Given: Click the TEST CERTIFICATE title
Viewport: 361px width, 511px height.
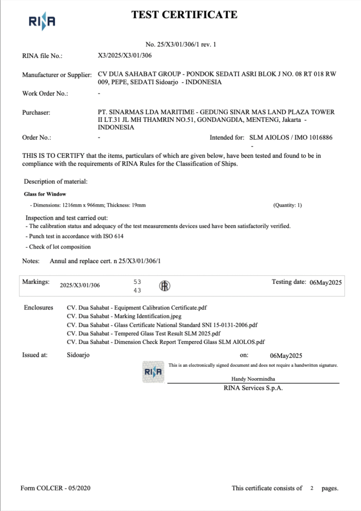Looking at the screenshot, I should pos(184,15).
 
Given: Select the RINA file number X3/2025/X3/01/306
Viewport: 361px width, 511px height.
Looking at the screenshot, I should pos(125,56).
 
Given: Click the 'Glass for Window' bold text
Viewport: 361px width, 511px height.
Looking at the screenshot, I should pos(45,194).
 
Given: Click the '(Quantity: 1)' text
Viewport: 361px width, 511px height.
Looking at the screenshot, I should pos(287,205).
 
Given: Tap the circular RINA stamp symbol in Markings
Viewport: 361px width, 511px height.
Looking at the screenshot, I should pos(165,285).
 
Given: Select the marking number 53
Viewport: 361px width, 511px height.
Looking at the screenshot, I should pos(138,282).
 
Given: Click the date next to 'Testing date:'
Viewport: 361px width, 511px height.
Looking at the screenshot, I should pos(325,282).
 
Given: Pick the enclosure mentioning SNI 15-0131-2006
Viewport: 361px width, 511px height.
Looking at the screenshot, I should pos(162,325).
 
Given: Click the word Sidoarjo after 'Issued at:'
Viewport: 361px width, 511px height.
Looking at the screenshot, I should pos(78,355).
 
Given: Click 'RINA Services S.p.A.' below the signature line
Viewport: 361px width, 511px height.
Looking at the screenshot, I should pos(253,388).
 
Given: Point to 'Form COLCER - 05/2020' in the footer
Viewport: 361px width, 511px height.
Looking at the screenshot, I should pos(55,488).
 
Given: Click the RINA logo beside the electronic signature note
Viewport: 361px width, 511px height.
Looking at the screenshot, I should pos(153,372).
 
